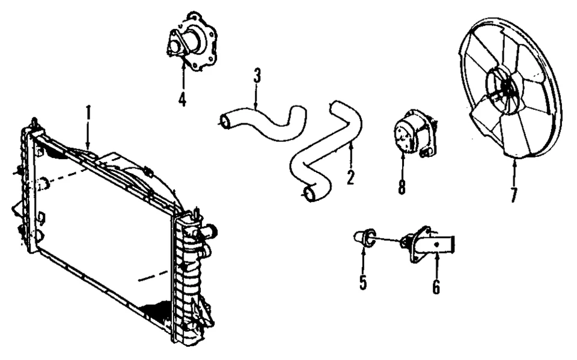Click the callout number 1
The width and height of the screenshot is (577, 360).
pos(88,112)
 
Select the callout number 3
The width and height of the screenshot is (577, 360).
pos(257,76)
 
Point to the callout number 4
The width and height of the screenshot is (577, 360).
pos(182,97)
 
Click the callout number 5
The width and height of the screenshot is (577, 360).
pos(363,282)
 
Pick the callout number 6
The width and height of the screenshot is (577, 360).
pos(436,287)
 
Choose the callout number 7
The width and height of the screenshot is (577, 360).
pos(513,194)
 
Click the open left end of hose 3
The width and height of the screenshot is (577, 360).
pos(225,122)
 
